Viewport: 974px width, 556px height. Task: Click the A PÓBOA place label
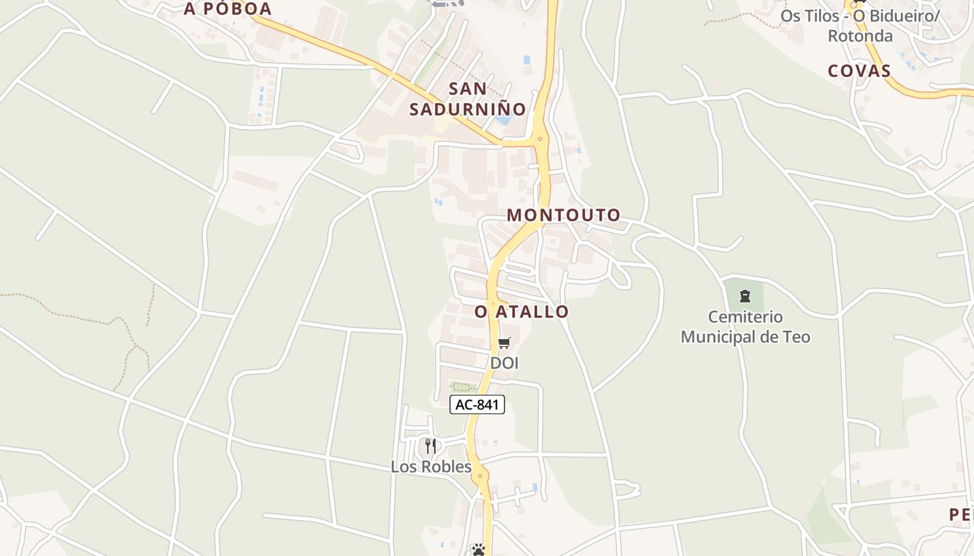click(x=227, y=9)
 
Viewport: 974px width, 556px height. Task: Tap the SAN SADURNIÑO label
click(x=468, y=99)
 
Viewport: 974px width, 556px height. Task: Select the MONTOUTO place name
click(x=564, y=215)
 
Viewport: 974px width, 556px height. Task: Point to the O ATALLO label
click(x=522, y=312)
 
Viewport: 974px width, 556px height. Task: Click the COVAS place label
click(x=859, y=71)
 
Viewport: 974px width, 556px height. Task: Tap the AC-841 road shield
click(x=477, y=404)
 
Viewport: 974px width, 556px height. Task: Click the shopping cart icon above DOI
click(x=504, y=343)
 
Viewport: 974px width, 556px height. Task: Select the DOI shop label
click(x=504, y=363)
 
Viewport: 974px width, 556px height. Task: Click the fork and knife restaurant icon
click(x=431, y=445)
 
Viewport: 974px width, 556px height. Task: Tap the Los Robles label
click(x=431, y=466)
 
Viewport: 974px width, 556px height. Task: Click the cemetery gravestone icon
click(x=745, y=297)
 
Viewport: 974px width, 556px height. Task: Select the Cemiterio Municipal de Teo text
click(x=745, y=327)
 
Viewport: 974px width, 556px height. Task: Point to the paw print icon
click(x=478, y=550)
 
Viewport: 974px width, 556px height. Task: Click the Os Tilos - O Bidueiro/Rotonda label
click(x=860, y=25)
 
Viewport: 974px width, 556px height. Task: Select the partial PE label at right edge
click(x=961, y=515)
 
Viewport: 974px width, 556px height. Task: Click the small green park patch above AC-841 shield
click(x=463, y=387)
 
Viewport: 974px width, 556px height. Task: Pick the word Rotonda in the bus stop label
click(x=860, y=35)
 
